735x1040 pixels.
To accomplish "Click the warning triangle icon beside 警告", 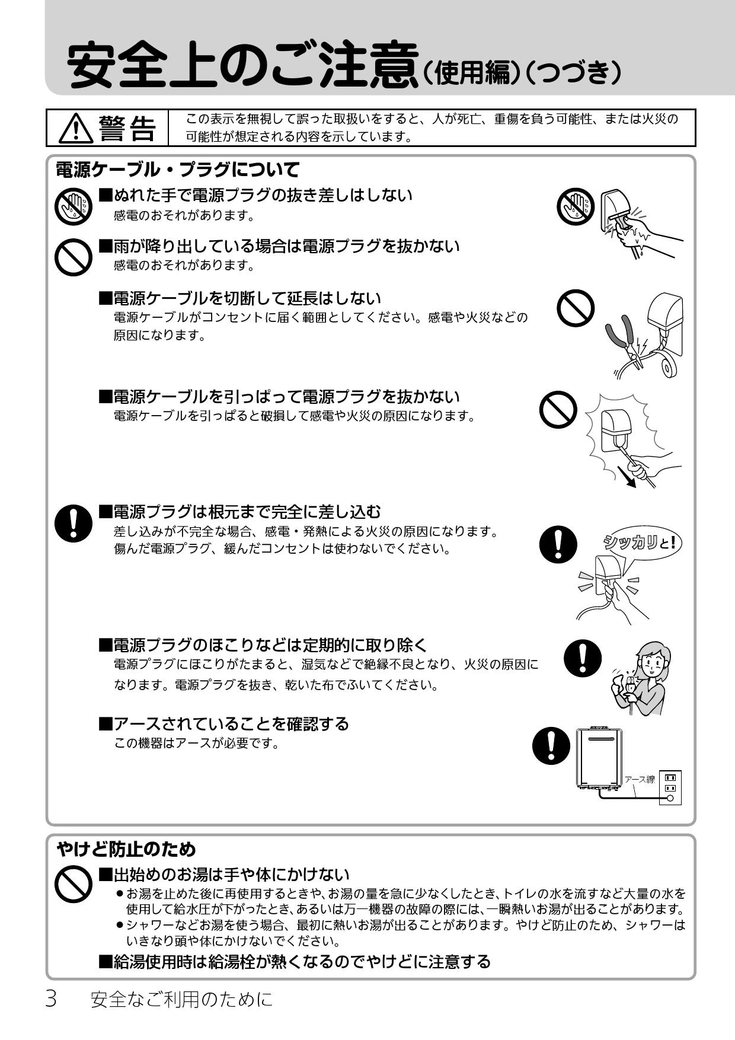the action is click(76, 128).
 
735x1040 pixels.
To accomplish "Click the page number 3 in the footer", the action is click(51, 999).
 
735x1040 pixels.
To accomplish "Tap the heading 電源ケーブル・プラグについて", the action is click(177, 170).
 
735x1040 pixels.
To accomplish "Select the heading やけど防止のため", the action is click(126, 849).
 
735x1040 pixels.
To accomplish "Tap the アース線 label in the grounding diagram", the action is click(639, 779).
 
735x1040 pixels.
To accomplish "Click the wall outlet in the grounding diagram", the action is click(670, 787).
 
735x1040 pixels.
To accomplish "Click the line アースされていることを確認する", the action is click(223, 723).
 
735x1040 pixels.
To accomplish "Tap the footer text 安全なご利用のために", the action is click(182, 1000).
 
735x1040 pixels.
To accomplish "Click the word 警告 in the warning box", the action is click(127, 128).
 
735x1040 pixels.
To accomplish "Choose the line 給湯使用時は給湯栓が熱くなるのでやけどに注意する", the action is click(295, 961).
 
